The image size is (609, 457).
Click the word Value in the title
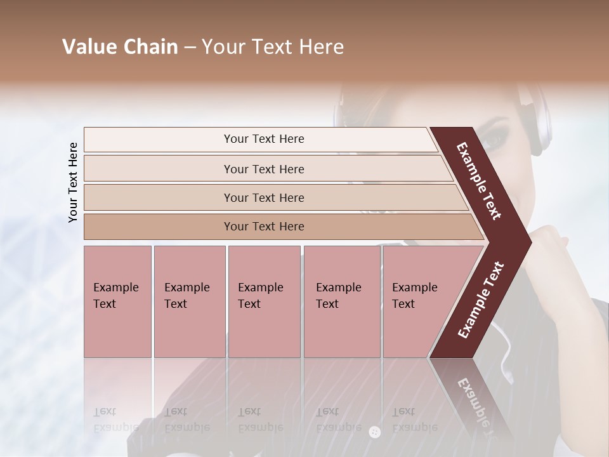[x=88, y=47]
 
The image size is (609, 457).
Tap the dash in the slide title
[x=189, y=48]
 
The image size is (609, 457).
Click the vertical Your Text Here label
[x=73, y=182]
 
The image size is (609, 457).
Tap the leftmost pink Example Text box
[x=117, y=301]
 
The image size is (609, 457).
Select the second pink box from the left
[x=189, y=301]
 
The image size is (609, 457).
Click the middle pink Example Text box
[x=264, y=301]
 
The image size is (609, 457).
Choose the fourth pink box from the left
[x=342, y=301]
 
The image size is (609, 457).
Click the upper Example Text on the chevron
[x=479, y=181]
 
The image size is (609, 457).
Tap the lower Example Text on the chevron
[x=481, y=300]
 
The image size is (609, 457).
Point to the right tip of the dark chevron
[x=530, y=242]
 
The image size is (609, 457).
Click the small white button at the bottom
[x=374, y=432]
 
